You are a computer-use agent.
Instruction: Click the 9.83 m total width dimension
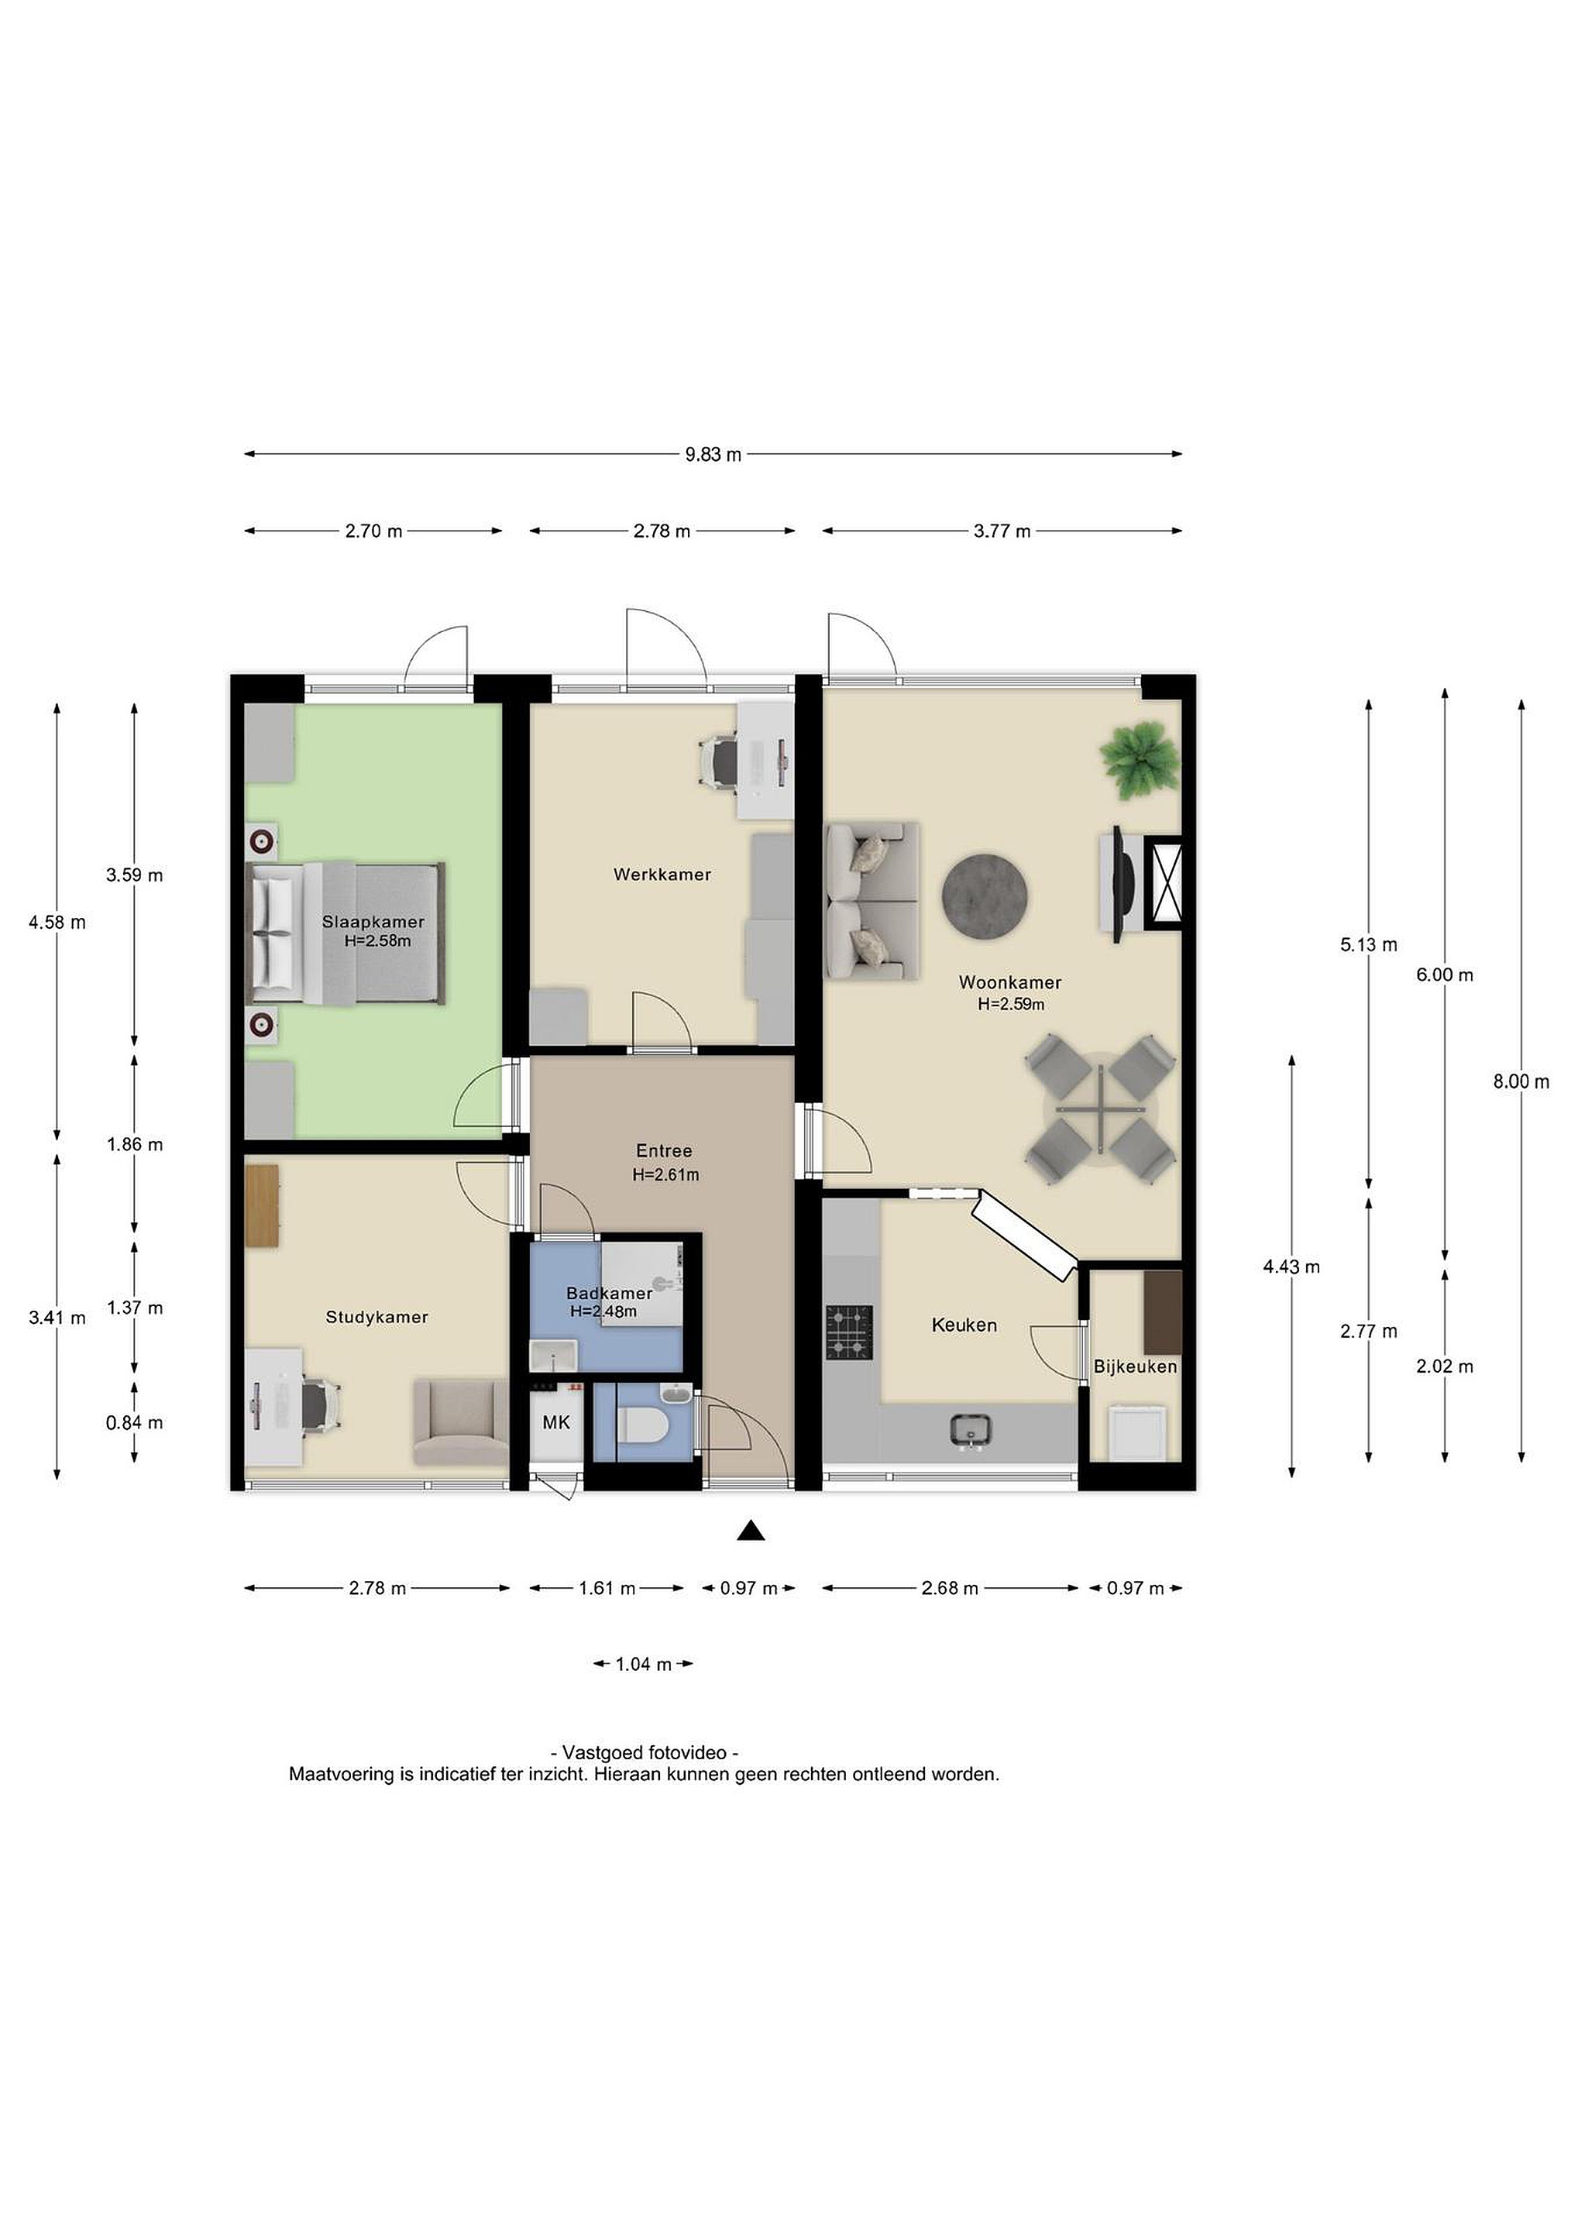tap(713, 454)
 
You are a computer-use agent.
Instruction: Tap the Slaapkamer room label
tap(373, 922)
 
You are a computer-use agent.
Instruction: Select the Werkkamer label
tap(662, 875)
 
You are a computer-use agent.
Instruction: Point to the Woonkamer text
tap(1009, 982)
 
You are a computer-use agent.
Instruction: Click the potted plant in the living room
tap(1139, 758)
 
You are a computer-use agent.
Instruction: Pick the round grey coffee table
tap(986, 896)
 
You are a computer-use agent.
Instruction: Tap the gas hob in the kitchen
tap(849, 1332)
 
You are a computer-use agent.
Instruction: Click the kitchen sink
tap(971, 1430)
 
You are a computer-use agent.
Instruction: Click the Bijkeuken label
tap(1135, 1366)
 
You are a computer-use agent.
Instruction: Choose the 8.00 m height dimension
tap(1521, 1081)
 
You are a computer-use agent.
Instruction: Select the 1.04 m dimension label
tap(643, 1665)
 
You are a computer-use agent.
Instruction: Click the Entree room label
tap(665, 1151)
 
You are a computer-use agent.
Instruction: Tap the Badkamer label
tap(609, 1294)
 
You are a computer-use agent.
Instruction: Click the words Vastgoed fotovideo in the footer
tap(645, 1754)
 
